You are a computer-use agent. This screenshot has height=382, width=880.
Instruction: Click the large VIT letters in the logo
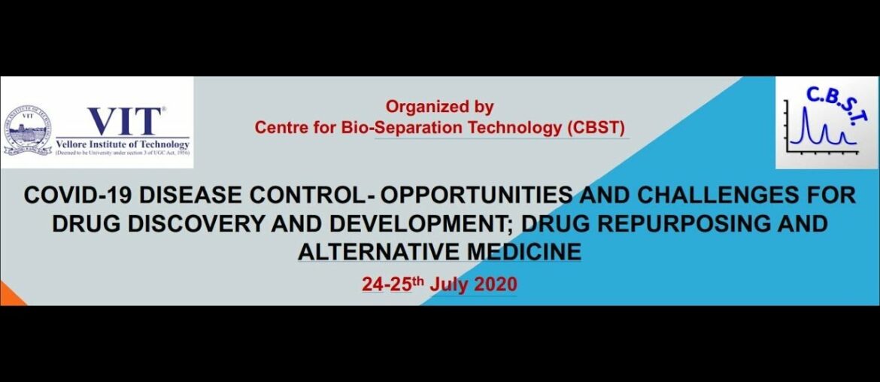[125, 121]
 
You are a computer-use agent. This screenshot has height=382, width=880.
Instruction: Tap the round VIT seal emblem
[27, 130]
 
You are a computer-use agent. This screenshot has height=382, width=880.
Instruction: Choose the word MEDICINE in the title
[523, 251]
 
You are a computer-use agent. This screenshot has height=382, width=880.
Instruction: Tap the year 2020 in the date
[495, 284]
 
